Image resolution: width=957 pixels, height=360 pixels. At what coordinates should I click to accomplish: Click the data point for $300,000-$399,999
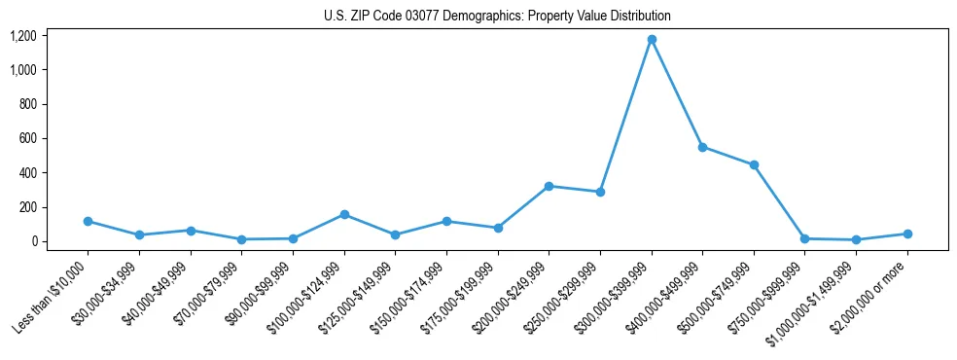(x=652, y=40)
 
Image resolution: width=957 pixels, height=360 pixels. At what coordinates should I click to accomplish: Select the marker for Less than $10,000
(x=88, y=222)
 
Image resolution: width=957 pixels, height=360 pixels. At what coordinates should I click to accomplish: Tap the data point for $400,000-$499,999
(x=702, y=147)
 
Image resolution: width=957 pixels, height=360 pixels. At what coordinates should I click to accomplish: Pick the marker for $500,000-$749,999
(x=754, y=165)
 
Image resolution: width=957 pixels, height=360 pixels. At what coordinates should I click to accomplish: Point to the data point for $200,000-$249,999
(x=549, y=186)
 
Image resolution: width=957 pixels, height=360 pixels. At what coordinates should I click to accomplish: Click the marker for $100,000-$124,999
(x=344, y=215)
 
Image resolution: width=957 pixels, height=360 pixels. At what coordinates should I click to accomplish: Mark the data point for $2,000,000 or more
(x=907, y=234)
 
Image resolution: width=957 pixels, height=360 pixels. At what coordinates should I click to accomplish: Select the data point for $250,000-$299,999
(x=600, y=192)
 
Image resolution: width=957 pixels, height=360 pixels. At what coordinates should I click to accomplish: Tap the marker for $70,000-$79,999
(x=241, y=239)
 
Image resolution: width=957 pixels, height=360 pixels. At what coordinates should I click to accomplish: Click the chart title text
(x=497, y=17)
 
